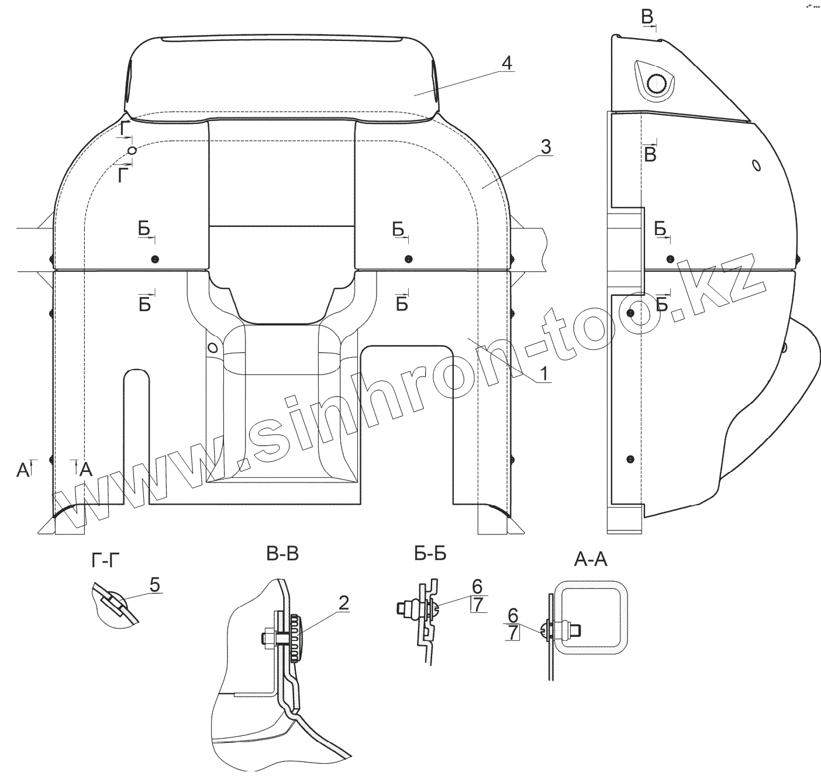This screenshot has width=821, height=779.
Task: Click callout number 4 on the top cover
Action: pos(507,63)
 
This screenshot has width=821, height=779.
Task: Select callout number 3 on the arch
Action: pos(545,147)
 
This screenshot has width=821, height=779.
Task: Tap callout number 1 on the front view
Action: pos(544,373)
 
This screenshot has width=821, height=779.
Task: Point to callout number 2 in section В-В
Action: pos(343,603)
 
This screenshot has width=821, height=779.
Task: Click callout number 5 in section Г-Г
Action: pos(154,584)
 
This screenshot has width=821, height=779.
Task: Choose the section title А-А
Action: pos(591,561)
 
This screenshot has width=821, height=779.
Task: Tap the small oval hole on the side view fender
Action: pos(757,166)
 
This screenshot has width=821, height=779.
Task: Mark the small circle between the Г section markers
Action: pos(133,151)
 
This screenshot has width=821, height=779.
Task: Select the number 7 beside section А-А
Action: pos(513,632)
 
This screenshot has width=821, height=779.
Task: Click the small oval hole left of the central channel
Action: pos(213,348)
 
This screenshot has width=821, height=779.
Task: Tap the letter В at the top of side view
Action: pos(647,17)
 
